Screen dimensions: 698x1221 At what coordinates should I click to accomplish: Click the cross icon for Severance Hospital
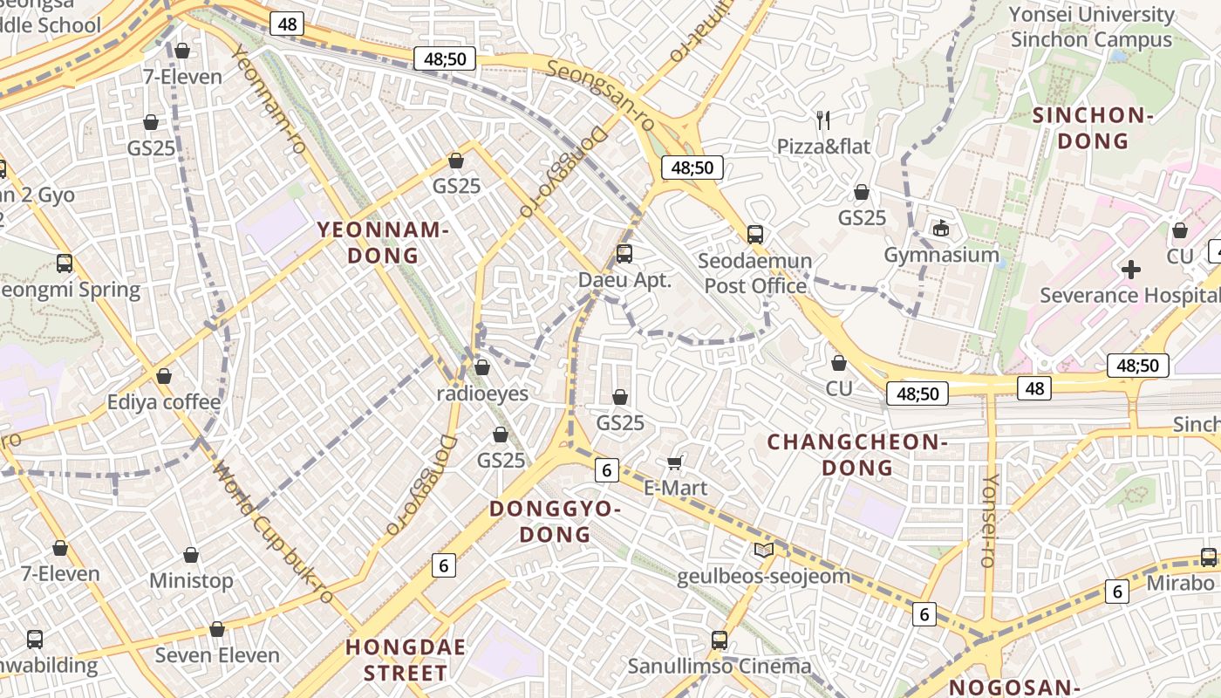tap(1131, 270)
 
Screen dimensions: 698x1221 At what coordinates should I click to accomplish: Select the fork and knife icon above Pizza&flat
tap(823, 119)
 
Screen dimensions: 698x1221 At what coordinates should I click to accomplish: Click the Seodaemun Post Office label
tap(756, 273)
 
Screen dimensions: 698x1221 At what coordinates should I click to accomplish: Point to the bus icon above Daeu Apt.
tap(624, 254)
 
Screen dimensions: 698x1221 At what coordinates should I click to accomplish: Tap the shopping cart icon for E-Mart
tap(674, 462)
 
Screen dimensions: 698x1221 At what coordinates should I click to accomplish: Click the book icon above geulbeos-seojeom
tap(763, 550)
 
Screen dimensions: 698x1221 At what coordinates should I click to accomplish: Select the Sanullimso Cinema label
tap(720, 667)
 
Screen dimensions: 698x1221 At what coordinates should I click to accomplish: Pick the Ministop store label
tap(191, 580)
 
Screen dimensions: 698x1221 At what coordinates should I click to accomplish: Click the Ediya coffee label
tap(164, 402)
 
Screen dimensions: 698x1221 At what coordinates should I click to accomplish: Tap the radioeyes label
tap(482, 393)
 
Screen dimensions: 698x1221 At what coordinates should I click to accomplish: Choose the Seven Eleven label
tap(217, 655)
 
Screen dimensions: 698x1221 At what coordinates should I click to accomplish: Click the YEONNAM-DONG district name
tap(383, 243)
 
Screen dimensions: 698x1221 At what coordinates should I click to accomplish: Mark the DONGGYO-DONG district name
tap(556, 521)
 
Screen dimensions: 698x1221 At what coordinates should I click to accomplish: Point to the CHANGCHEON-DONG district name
tap(857, 455)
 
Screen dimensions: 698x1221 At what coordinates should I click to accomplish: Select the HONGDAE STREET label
tap(406, 660)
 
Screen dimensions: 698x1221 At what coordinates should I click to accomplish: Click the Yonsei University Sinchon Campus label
tap(1091, 27)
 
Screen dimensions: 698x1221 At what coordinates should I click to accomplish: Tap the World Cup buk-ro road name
tap(274, 533)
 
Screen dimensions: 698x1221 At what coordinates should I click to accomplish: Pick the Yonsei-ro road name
tap(990, 520)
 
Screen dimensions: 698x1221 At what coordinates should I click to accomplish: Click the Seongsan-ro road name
tap(602, 96)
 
